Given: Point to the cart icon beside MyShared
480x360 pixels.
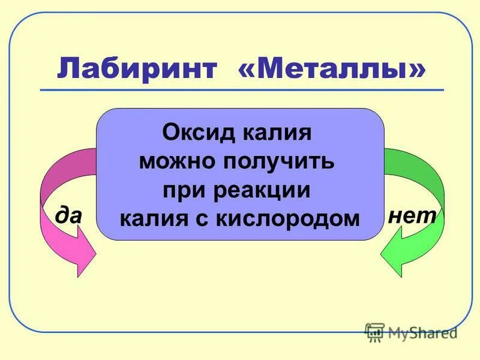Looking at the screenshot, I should point(374,332).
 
